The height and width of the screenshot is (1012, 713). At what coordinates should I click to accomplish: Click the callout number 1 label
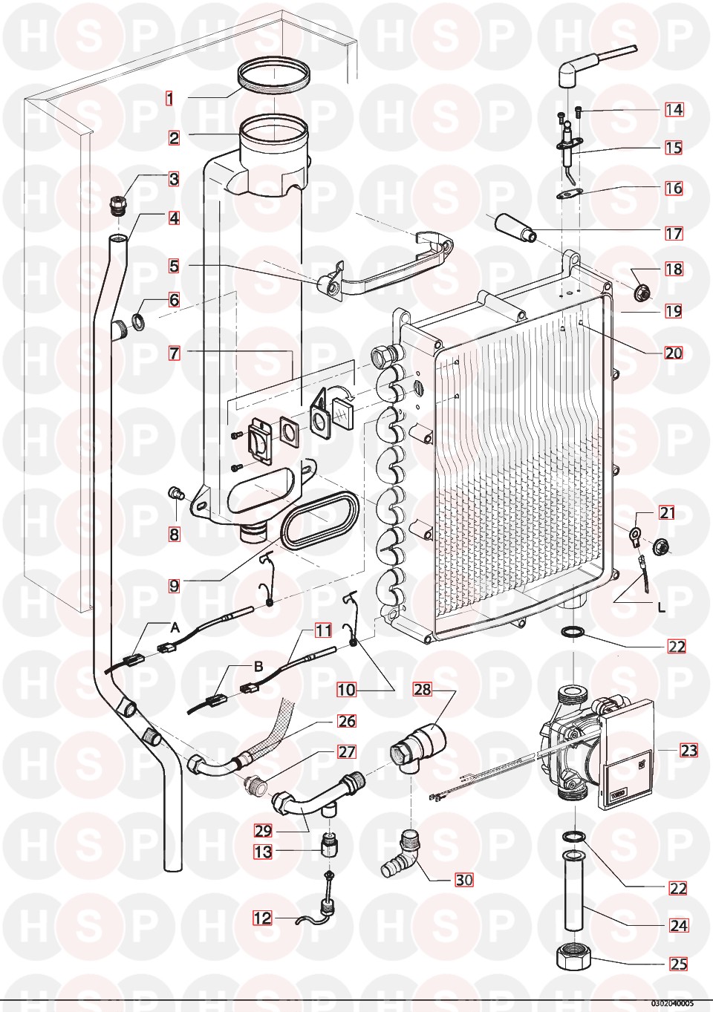tap(169, 98)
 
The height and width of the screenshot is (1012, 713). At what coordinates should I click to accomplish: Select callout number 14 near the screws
tap(674, 110)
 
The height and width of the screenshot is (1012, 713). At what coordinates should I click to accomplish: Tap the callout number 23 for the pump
tap(688, 751)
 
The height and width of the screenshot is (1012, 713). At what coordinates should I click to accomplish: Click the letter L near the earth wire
tap(662, 607)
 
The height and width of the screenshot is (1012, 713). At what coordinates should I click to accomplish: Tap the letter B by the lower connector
tap(258, 667)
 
